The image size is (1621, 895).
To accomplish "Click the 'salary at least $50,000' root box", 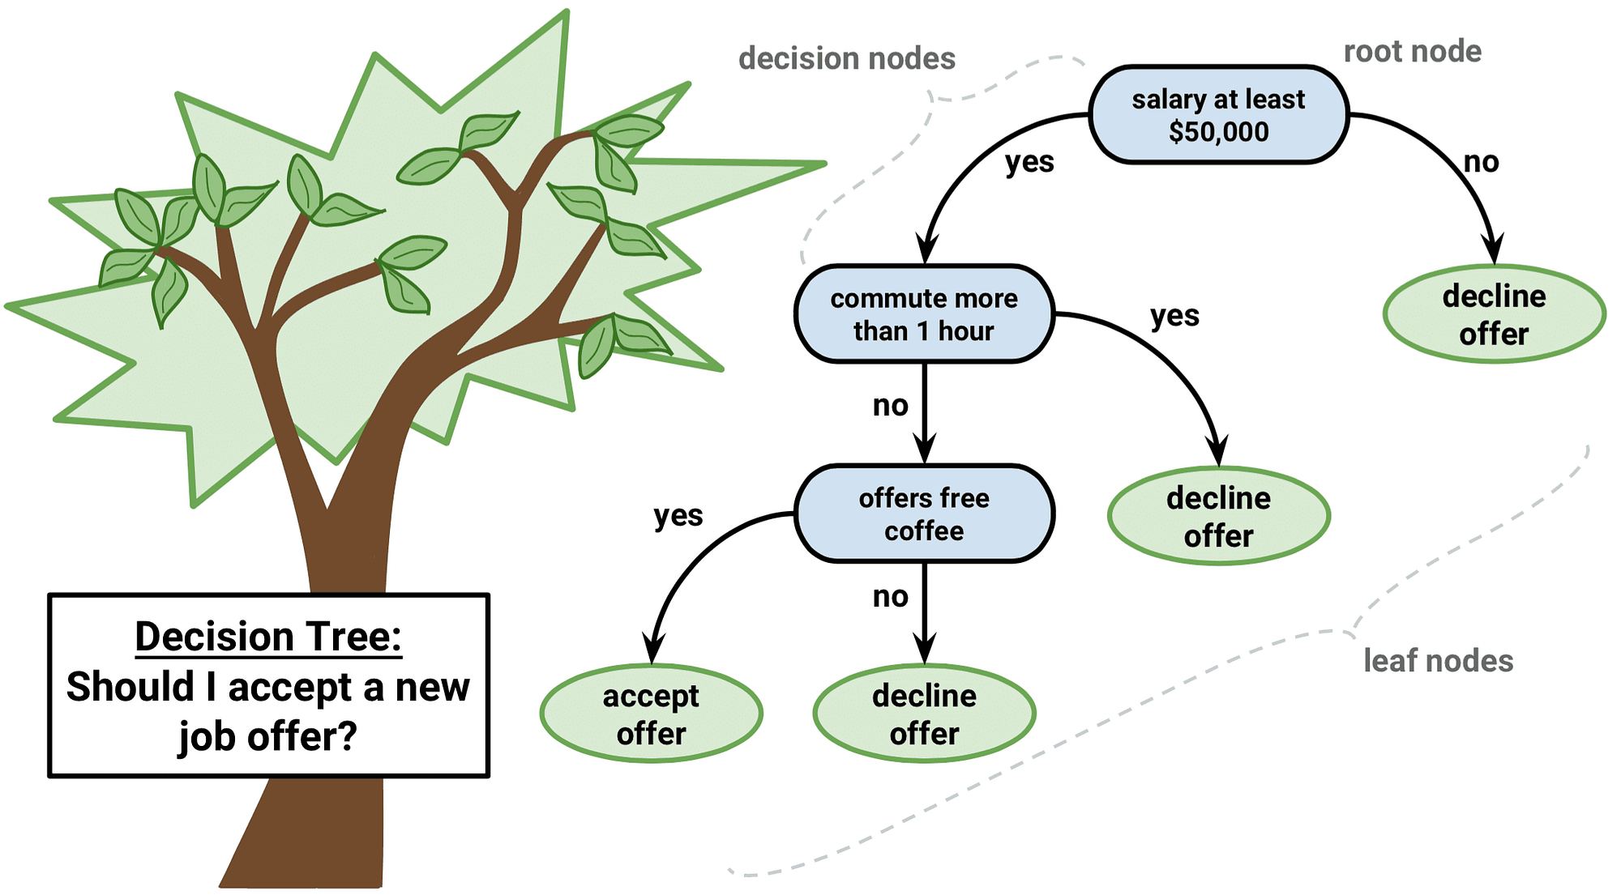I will click(x=1218, y=115).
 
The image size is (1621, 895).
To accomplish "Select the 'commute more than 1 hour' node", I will click(x=924, y=314).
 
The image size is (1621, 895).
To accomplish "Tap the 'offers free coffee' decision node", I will click(x=924, y=514).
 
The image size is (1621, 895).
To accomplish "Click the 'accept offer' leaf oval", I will click(x=651, y=714).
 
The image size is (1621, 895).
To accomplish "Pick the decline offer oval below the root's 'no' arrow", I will click(x=1494, y=314).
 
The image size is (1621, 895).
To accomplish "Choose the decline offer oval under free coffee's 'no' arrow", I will click(x=924, y=714).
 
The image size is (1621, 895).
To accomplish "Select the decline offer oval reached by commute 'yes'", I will click(x=1218, y=516).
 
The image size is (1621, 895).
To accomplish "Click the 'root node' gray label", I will click(x=1412, y=52).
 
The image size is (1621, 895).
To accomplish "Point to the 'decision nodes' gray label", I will click(x=846, y=58).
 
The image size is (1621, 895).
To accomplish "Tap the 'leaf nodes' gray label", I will click(x=1438, y=661).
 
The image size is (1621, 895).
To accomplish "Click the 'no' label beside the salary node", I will click(x=1481, y=163).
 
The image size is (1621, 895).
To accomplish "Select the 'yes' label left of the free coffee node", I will click(x=678, y=516).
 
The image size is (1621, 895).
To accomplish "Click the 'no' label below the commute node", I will click(x=890, y=406).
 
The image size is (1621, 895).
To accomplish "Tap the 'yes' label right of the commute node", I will click(x=1174, y=316).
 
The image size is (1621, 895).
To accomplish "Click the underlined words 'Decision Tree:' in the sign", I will click(x=268, y=637).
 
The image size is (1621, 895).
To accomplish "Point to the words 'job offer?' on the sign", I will click(x=267, y=736).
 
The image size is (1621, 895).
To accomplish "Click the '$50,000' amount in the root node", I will click(x=1218, y=132).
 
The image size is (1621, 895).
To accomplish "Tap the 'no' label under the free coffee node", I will click(x=890, y=597).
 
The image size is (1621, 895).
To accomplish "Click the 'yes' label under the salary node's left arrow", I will click(x=1029, y=163).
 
